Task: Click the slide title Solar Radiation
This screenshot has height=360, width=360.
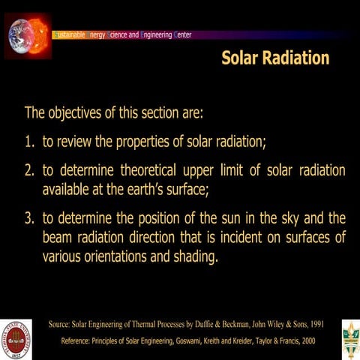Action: tap(275, 58)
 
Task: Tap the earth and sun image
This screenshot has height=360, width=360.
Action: tap(28, 34)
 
